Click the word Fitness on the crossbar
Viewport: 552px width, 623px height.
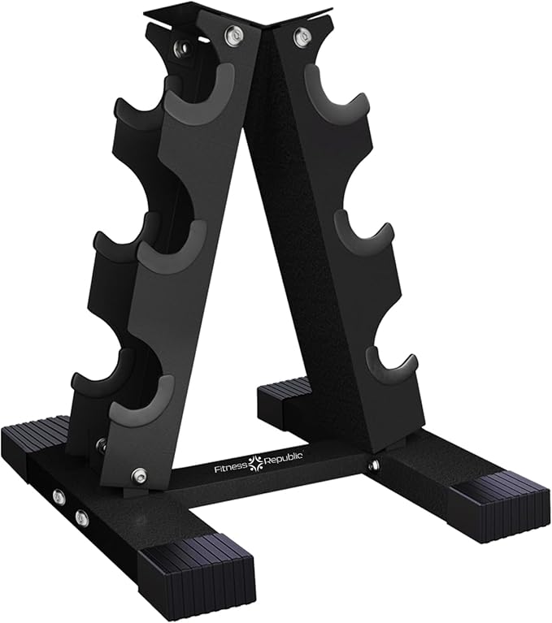click(232, 469)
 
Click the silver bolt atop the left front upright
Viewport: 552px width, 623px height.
click(234, 34)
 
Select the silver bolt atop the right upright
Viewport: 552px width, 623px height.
click(302, 36)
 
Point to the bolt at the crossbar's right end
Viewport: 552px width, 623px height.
click(373, 465)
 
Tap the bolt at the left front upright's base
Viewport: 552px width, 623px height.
click(139, 474)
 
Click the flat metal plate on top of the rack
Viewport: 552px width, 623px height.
click(236, 15)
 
